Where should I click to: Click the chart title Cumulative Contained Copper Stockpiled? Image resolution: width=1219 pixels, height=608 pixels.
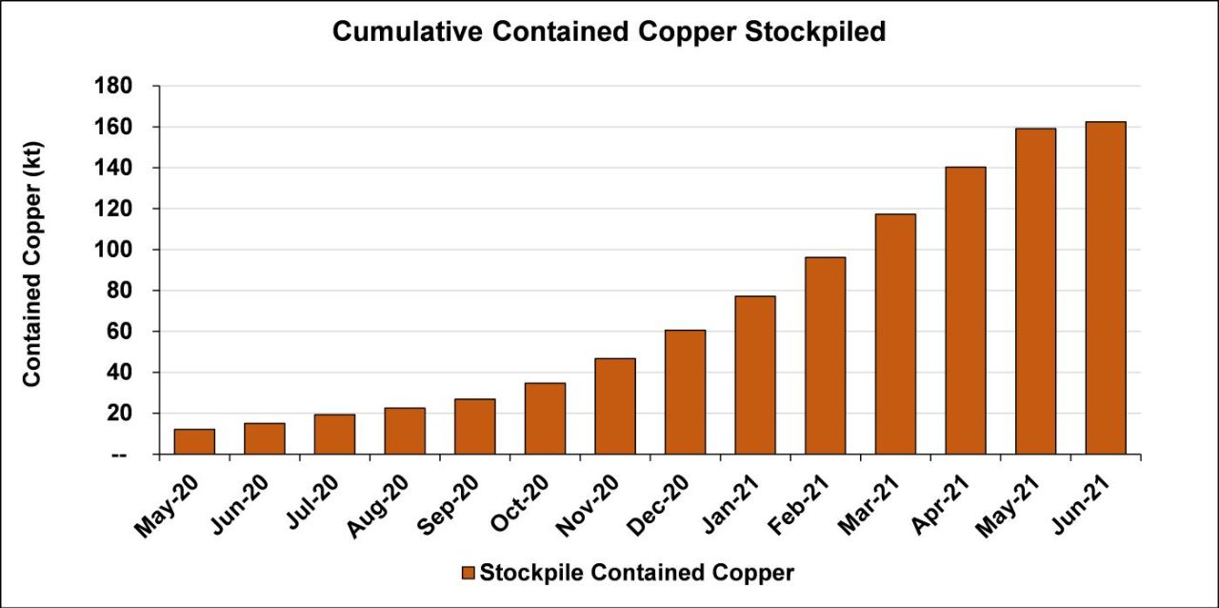[609, 32]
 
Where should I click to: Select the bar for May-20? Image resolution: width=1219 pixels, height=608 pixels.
[194, 441]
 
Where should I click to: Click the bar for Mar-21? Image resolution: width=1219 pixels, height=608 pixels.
[895, 334]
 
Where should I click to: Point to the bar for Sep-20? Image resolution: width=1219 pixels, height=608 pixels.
[474, 426]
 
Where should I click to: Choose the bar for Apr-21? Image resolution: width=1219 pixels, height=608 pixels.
[966, 311]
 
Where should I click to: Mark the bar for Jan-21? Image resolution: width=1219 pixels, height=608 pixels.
[755, 375]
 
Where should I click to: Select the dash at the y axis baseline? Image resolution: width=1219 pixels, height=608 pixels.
[120, 456]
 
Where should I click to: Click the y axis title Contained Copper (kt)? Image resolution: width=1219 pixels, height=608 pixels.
[32, 264]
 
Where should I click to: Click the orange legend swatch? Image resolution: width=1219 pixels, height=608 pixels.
[467, 573]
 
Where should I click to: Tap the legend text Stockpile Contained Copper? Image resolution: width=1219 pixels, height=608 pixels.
[636, 573]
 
